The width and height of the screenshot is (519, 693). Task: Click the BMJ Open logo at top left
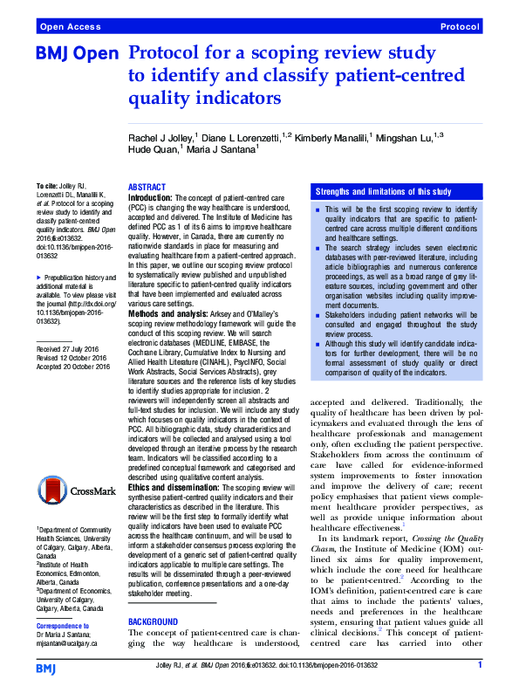(x=77, y=54)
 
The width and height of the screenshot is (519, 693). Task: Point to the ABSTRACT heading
(x=147, y=188)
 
